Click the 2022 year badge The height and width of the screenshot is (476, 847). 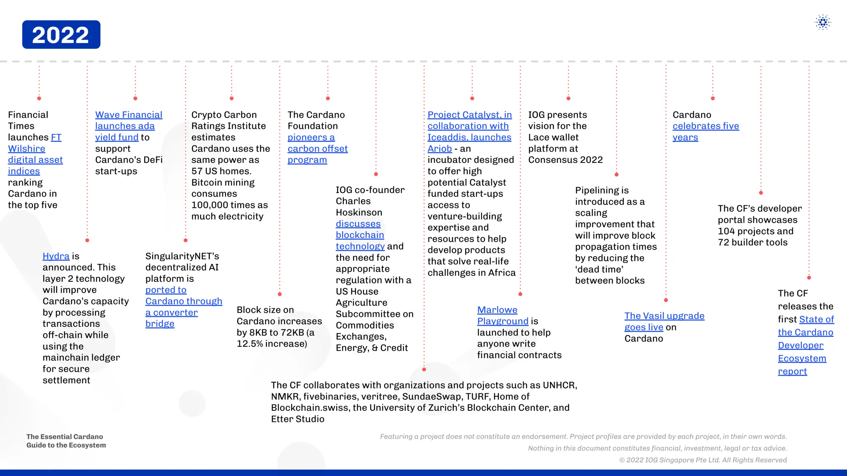pos(61,35)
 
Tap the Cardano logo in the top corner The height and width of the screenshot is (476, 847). pos(823,22)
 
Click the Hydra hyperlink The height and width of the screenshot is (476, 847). pos(56,256)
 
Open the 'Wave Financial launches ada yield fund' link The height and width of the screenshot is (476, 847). pos(129,126)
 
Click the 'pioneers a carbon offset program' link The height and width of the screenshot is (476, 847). pos(317,149)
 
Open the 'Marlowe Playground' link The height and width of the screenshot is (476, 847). pos(502,316)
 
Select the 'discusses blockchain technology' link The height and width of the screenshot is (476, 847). pos(359,235)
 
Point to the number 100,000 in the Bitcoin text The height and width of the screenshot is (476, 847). pos(210,205)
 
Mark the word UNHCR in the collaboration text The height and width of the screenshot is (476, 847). pos(560,386)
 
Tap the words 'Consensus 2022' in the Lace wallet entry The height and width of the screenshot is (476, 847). pos(565,160)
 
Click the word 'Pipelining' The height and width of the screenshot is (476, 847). pos(601,190)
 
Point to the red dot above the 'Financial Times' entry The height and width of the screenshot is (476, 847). pos(39,98)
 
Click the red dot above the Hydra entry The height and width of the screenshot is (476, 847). pos(87,240)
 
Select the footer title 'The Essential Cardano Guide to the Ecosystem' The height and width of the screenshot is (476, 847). pos(66,441)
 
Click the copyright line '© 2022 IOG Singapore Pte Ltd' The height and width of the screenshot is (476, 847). pos(703,460)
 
